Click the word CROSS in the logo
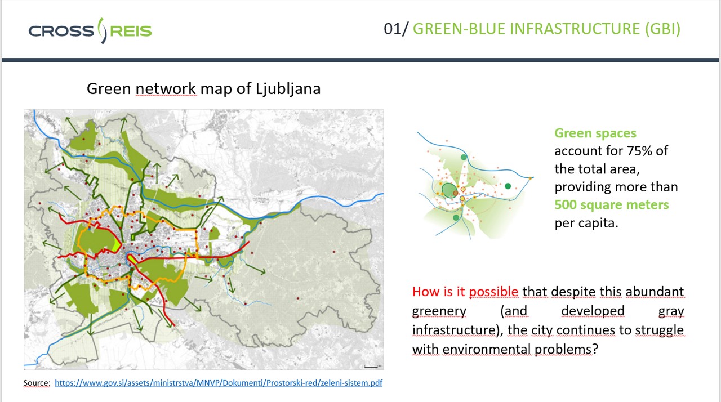[61, 31]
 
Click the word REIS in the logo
[131, 31]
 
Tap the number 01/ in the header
[395, 29]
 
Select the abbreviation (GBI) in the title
[662, 29]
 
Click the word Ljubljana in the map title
[288, 89]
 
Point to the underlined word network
[166, 89]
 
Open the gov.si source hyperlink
[219, 383]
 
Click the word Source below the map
[36, 383]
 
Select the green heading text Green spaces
[595, 133]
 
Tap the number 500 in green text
[566, 205]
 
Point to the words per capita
[586, 223]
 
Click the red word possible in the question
[493, 292]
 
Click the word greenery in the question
[439, 311]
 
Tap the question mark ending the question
[595, 349]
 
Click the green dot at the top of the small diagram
[464, 157]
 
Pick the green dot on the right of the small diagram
[508, 186]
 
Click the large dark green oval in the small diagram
[449, 190]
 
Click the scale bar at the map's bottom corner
[371, 367]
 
